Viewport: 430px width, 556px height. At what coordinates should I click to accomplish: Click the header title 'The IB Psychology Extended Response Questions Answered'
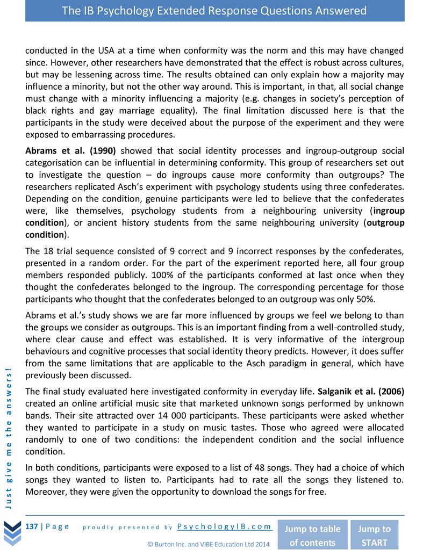[x=214, y=11]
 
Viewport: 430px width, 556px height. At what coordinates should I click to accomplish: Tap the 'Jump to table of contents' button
[x=312, y=535]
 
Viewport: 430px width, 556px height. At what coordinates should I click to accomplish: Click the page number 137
[x=32, y=526]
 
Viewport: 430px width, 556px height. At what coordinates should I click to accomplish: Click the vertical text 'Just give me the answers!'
[x=10, y=435]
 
